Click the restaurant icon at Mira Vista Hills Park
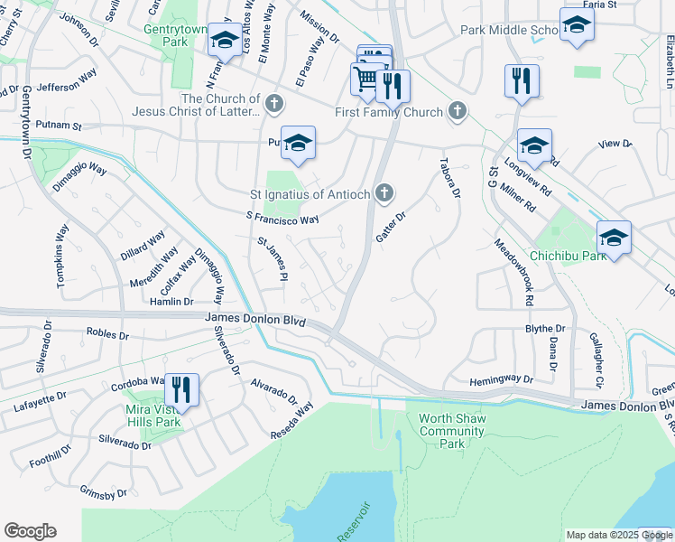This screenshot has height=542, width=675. pyautogui.click(x=182, y=389)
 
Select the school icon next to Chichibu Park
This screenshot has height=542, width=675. pyautogui.click(x=614, y=238)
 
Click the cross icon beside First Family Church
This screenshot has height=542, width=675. pyautogui.click(x=458, y=112)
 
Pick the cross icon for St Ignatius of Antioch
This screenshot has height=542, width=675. pyautogui.click(x=385, y=192)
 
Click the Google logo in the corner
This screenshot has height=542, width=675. pyautogui.click(x=30, y=531)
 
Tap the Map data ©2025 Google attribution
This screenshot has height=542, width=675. pyautogui.click(x=618, y=535)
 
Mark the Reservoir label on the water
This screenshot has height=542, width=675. pyautogui.click(x=353, y=522)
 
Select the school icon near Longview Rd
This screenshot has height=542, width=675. pyautogui.click(x=534, y=145)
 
